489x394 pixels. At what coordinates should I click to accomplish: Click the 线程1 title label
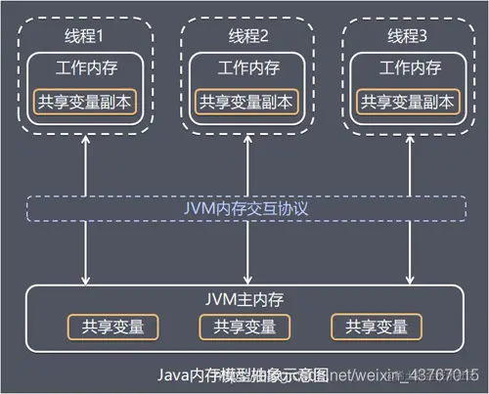point(86,37)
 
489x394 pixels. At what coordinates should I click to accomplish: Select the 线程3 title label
point(407,37)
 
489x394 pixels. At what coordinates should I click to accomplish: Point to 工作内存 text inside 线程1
point(86,69)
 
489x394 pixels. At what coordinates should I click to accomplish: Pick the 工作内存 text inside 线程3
point(407,69)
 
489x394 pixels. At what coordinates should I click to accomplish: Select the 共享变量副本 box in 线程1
point(86,101)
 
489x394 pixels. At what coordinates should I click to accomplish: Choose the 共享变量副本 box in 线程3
point(407,101)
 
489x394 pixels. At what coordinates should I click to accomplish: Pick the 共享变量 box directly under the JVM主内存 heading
point(238,327)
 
